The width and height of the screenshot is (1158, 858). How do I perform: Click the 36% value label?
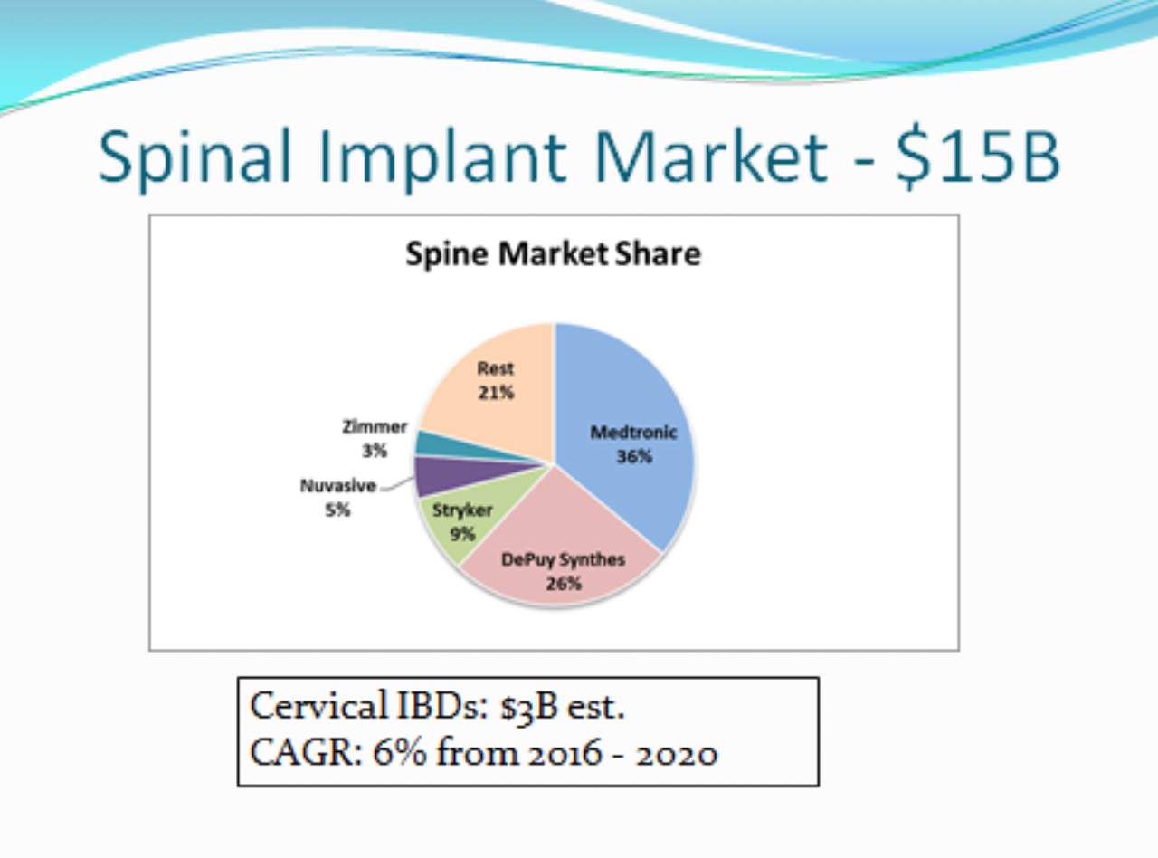click(x=634, y=457)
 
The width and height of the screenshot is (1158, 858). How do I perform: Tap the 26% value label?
click(x=564, y=584)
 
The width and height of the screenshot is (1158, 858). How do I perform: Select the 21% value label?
click(x=496, y=393)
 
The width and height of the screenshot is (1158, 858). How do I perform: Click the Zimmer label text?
click(x=375, y=427)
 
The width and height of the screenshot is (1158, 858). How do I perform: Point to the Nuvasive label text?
click(x=337, y=486)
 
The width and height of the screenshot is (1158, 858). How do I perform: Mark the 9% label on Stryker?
click(x=462, y=534)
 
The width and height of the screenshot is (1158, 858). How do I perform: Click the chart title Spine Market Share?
click(x=554, y=254)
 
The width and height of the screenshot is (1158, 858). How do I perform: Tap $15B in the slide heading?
click(x=977, y=157)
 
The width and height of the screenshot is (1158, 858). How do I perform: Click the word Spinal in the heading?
click(x=195, y=158)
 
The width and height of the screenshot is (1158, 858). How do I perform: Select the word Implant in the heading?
click(x=442, y=160)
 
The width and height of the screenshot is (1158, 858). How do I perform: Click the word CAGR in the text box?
click(x=306, y=753)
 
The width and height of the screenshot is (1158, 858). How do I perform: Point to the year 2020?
click(x=677, y=755)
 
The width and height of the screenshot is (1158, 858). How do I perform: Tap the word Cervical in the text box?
click(x=319, y=706)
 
